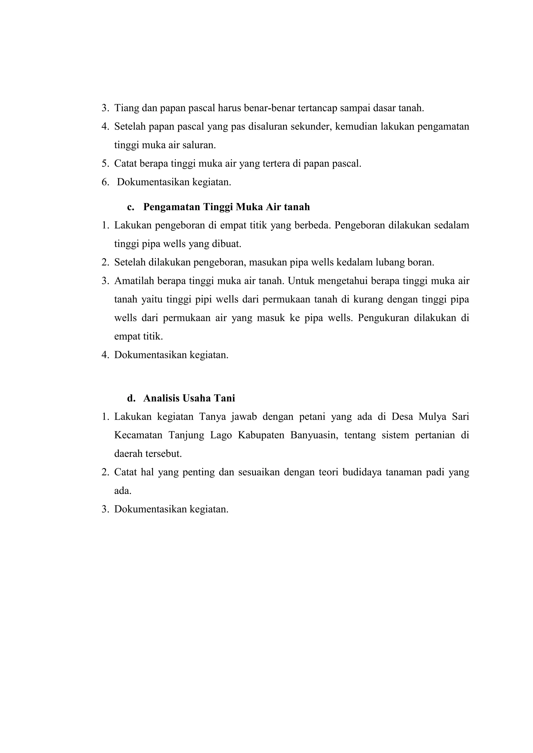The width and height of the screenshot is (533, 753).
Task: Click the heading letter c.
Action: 130,207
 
